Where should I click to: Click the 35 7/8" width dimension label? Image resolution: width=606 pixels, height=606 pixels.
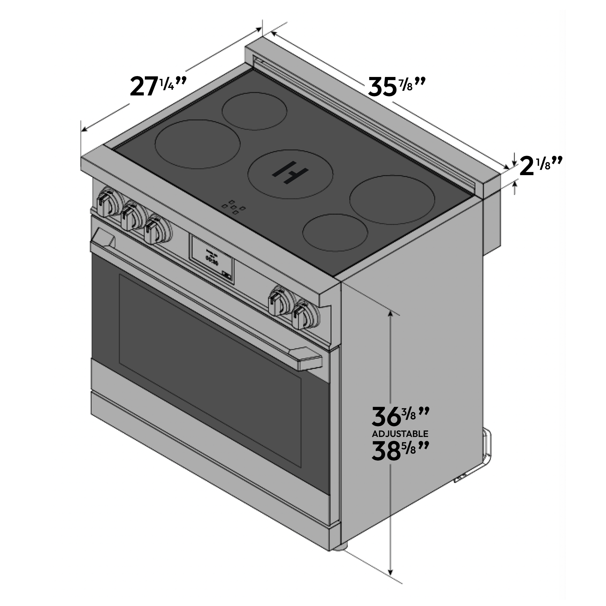(397, 87)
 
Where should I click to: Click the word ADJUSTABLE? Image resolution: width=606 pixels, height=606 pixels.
(400, 434)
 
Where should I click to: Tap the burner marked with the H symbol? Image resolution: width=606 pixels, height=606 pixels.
(290, 174)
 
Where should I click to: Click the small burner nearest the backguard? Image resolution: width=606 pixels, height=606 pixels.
(254, 111)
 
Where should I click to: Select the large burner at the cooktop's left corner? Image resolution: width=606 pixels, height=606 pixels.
(198, 144)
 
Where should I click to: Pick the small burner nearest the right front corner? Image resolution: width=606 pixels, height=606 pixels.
(335, 232)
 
